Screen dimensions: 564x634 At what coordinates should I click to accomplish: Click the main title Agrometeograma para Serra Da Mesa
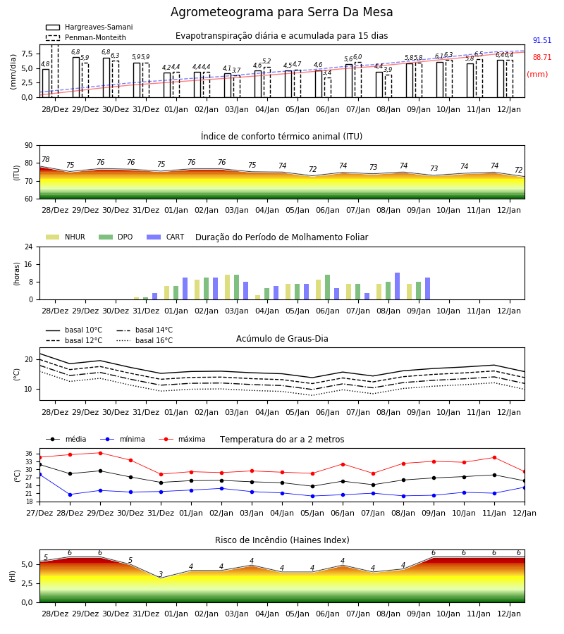coord(281,12)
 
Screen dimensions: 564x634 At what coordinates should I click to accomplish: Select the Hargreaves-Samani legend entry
coord(89,27)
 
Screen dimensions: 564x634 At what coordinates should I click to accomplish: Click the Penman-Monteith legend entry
coord(86,37)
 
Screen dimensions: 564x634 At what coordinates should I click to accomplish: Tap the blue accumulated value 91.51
coord(542,40)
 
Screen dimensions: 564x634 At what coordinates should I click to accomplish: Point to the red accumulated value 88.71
coord(542,58)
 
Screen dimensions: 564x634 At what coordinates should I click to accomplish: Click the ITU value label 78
coord(46,159)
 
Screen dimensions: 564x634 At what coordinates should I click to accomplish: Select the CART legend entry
coord(166,237)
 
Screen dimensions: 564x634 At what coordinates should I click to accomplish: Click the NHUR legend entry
coord(66,237)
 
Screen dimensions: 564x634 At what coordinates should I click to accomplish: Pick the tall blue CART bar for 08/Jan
coord(398,286)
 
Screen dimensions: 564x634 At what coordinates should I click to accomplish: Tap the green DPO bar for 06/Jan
coord(328,287)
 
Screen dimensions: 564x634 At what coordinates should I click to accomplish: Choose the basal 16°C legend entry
coord(145,340)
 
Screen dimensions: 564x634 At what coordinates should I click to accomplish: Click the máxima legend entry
coord(182,439)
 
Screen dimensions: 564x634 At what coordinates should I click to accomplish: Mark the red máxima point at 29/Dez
coord(100,453)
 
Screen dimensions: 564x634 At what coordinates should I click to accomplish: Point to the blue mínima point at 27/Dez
coord(40,474)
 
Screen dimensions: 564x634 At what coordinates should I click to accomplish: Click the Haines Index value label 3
coord(161,574)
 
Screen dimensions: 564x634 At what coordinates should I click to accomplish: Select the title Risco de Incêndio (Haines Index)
coord(282,540)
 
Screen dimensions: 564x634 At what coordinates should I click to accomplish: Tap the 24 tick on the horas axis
coord(29,247)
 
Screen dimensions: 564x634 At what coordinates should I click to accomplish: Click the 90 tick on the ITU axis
coord(29,146)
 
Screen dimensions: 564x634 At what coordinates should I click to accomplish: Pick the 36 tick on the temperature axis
coord(29,454)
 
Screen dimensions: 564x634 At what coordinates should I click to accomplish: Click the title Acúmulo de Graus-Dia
coord(282,339)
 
